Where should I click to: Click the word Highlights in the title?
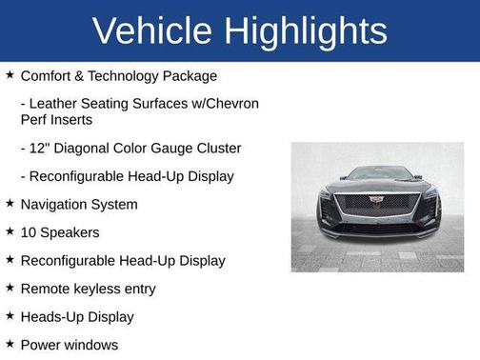point(304,30)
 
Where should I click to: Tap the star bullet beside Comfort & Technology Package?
point(9,74)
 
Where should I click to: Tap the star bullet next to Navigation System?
point(9,204)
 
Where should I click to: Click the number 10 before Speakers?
point(29,232)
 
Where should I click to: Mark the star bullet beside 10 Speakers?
point(9,231)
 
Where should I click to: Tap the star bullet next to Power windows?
point(9,344)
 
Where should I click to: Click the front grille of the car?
point(377,206)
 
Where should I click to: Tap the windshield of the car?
point(377,174)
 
